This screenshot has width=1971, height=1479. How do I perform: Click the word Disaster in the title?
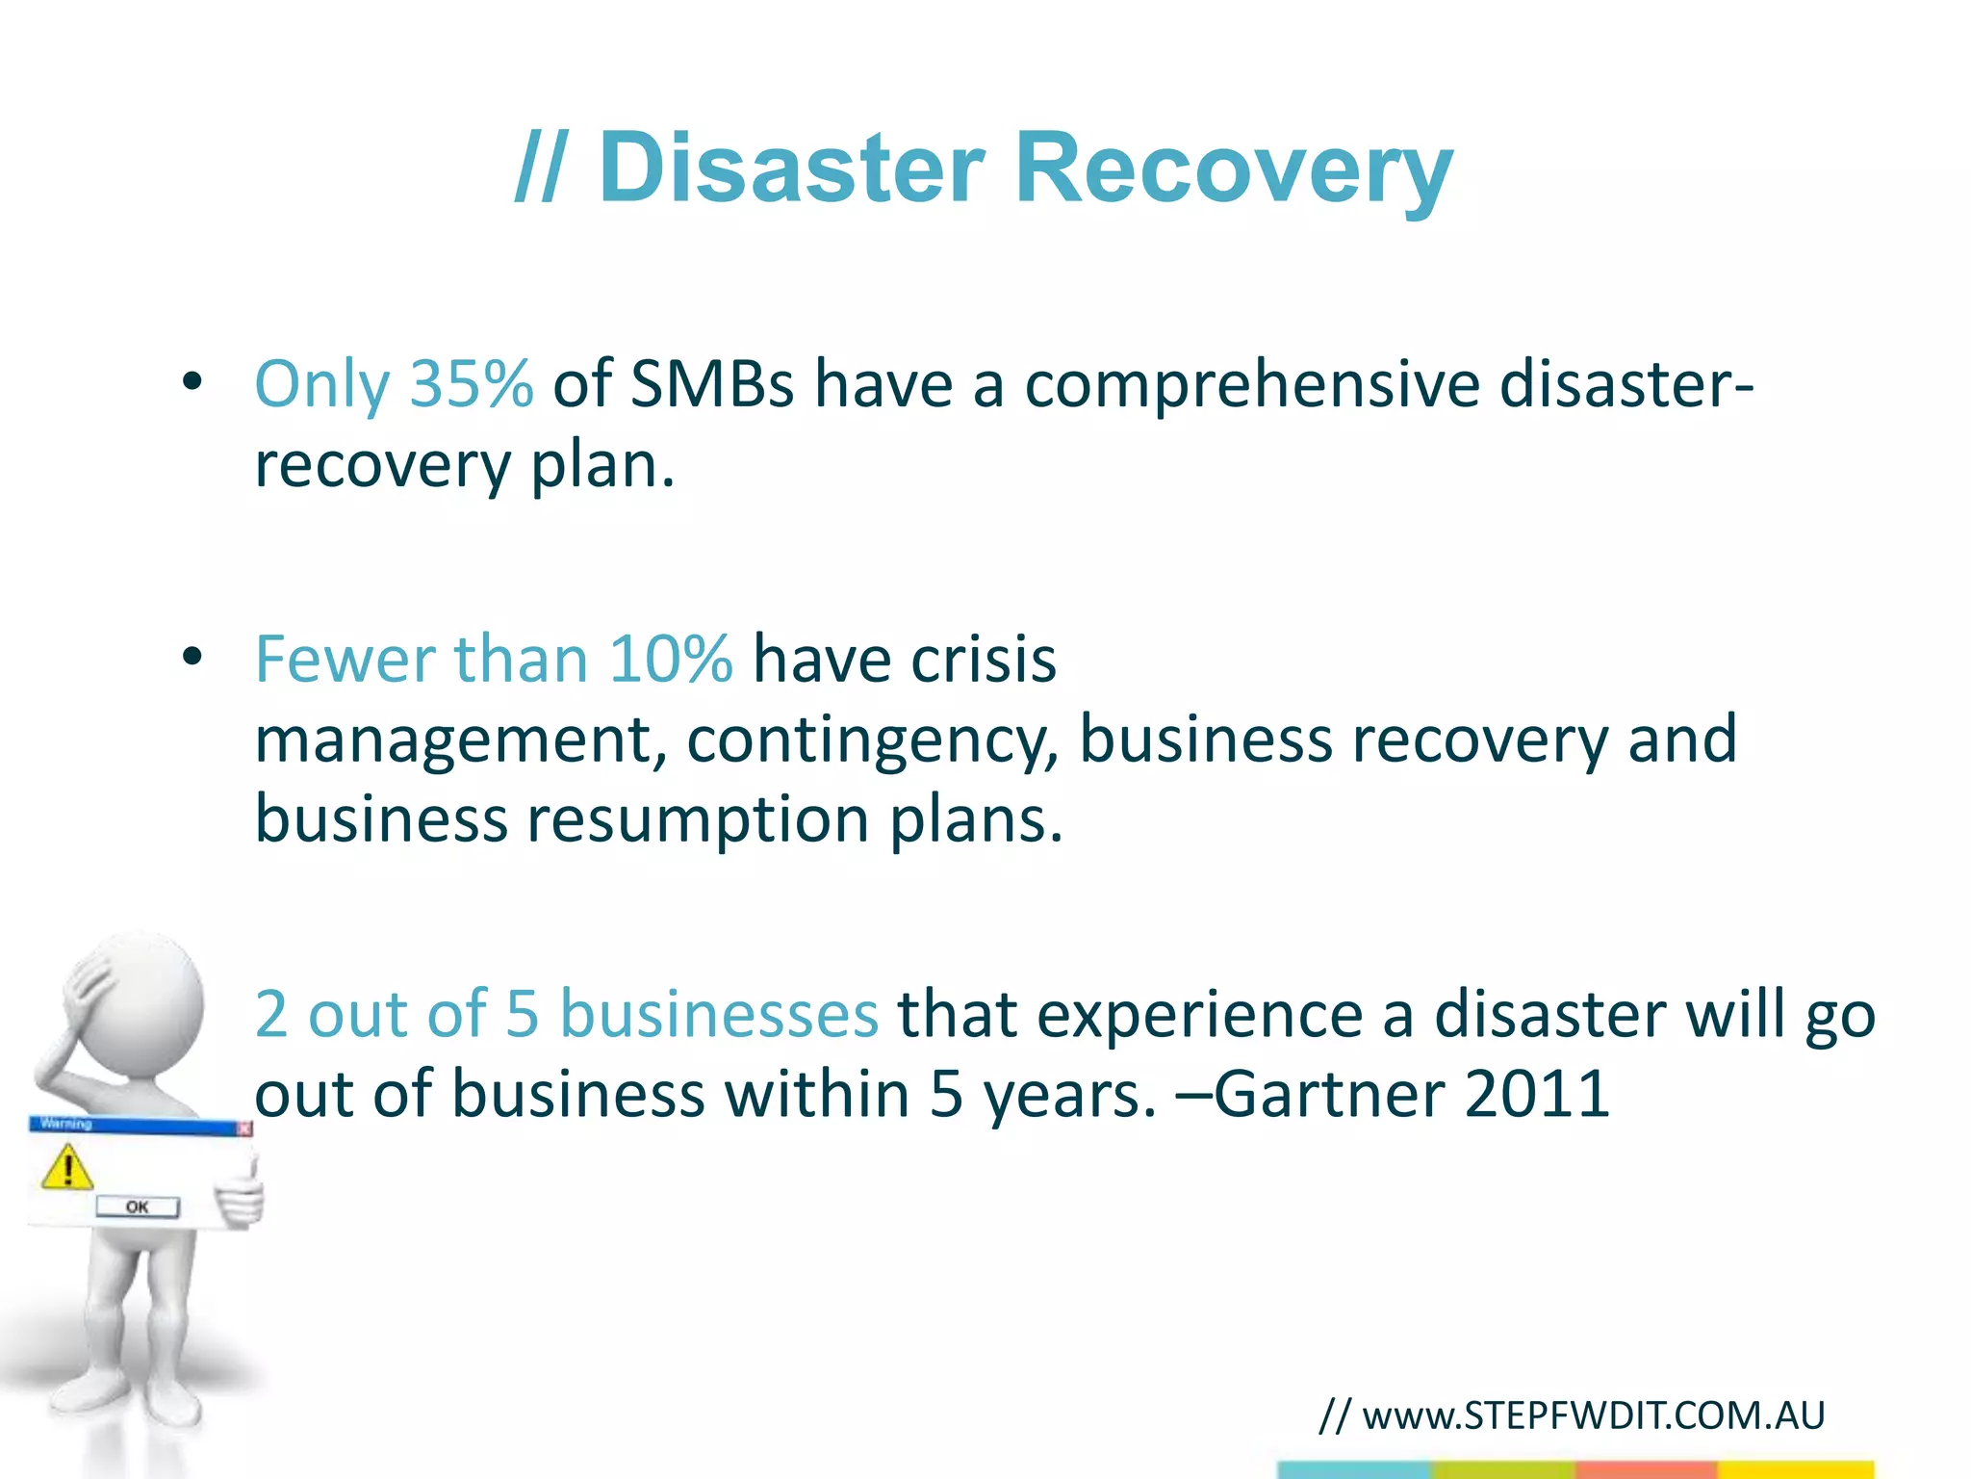(791, 169)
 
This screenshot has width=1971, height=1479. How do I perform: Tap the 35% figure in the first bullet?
(471, 384)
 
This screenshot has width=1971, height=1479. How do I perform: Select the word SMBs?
(712, 384)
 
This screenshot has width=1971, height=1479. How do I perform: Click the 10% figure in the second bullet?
(670, 660)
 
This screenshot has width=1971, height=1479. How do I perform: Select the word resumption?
(698, 820)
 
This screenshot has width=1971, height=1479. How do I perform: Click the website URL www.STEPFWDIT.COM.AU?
(1593, 1415)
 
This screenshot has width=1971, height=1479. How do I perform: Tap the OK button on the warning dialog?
(138, 1207)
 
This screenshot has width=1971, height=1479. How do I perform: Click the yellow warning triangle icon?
(67, 1168)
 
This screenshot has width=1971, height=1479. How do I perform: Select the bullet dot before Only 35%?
(192, 382)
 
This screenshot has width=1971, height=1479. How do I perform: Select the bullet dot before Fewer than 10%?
(192, 658)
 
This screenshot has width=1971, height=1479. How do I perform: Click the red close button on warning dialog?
(244, 1128)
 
